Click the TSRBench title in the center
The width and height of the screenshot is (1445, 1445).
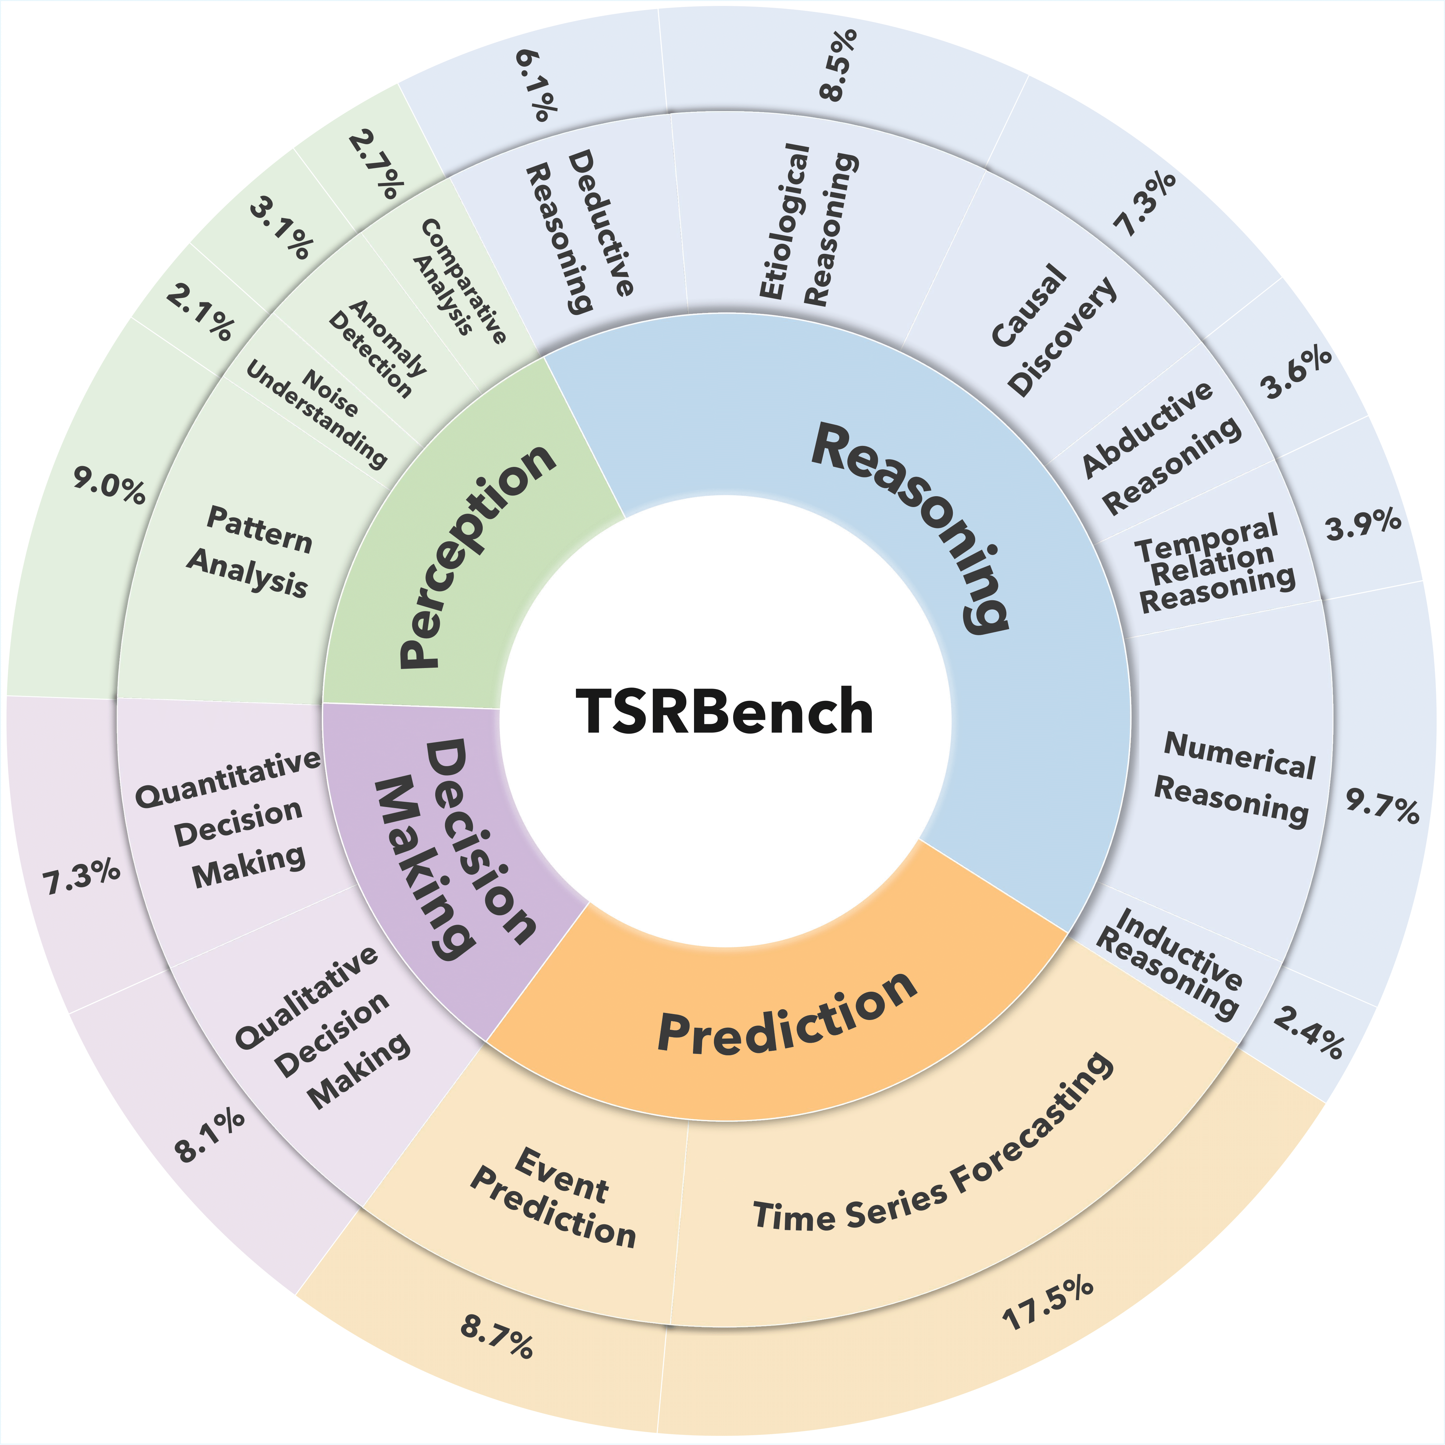coord(724,711)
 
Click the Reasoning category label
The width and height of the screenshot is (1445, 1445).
coord(912,523)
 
